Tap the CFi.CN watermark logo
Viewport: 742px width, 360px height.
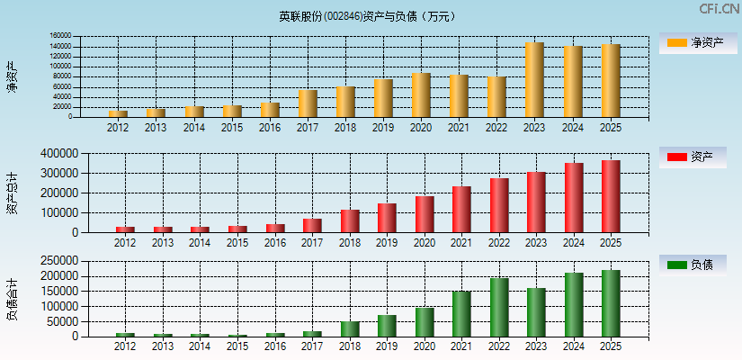point(719,9)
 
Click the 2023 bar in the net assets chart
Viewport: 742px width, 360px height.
point(534,80)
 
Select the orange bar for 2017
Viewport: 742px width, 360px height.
point(308,103)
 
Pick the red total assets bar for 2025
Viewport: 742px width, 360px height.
point(611,196)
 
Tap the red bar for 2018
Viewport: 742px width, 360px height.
point(350,220)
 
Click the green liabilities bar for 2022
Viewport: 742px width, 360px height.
point(498,307)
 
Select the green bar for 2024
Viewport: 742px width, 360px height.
point(573,304)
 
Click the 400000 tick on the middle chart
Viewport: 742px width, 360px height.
point(58,154)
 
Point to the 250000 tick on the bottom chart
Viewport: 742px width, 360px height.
point(58,261)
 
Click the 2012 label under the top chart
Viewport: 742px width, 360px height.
point(118,128)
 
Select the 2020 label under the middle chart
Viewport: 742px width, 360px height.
point(425,243)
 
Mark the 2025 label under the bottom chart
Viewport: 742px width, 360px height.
point(611,346)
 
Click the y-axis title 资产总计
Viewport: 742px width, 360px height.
point(12,193)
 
